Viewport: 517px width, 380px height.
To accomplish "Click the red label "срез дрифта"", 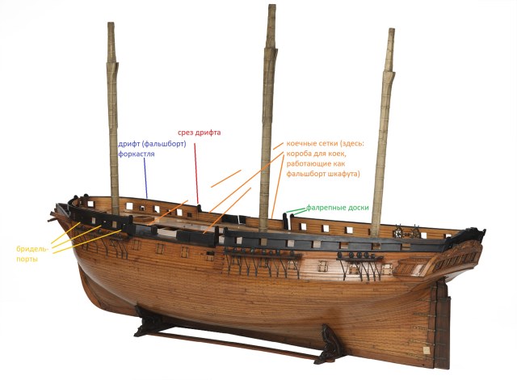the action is tap(200, 132).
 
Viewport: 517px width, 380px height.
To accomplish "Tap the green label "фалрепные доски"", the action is tap(338, 208).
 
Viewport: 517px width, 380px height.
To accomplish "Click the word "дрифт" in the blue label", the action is tap(132, 144).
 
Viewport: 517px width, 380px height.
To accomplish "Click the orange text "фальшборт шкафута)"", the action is tap(323, 174).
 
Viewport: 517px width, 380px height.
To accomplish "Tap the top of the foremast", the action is tap(113, 26).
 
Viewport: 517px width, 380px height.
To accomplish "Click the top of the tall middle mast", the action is tap(269, 8).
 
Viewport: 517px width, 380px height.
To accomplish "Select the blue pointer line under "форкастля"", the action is tap(145, 178).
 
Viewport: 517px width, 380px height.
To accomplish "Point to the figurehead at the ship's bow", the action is tap(58, 217).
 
